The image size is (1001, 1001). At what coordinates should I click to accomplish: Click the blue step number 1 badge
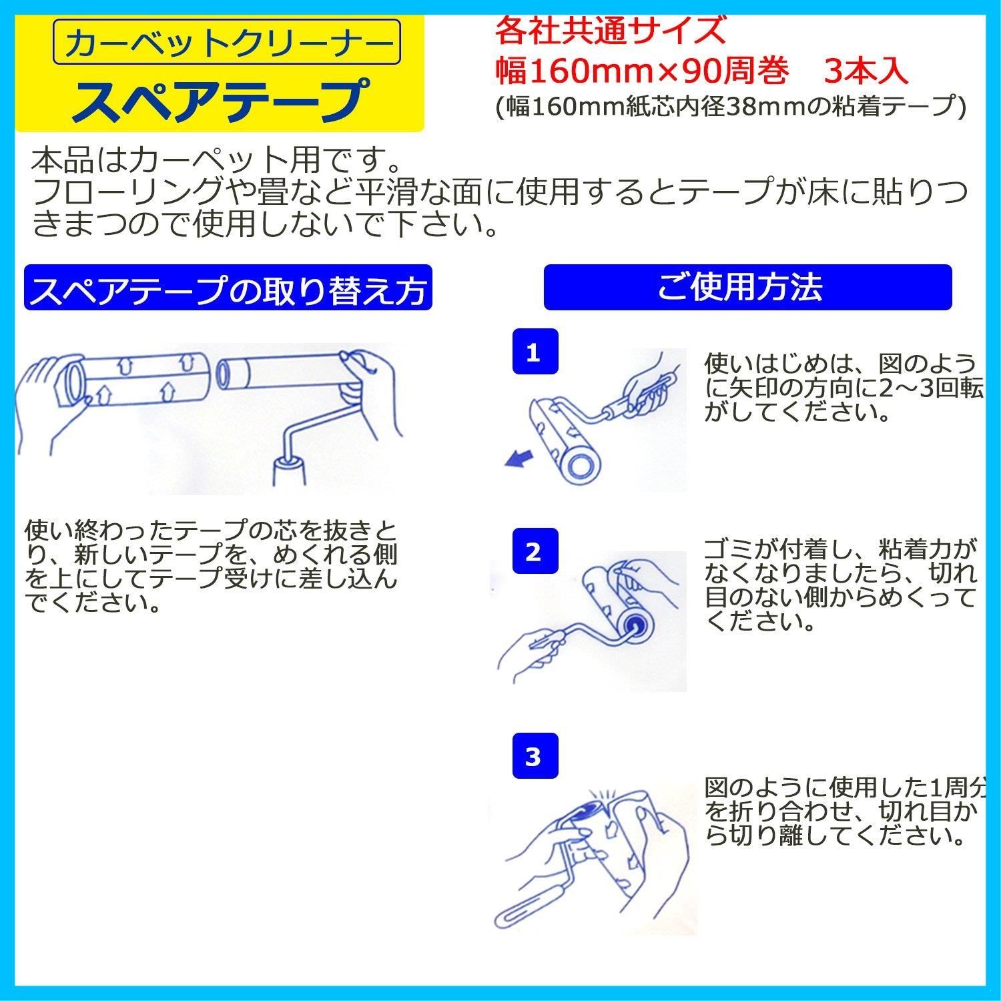coord(534,352)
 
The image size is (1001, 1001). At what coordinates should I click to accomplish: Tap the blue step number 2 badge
coord(534,551)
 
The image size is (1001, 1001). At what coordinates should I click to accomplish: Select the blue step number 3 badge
coord(534,756)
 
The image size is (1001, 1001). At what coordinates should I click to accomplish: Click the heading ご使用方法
coord(747,288)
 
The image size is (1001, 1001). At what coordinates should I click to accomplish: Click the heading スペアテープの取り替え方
coord(228,288)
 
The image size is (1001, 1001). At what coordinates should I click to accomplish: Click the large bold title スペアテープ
coord(220,99)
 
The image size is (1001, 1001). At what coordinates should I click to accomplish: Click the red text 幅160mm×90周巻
coord(642,71)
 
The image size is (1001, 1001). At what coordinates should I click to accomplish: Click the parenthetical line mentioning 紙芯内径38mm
coord(730,107)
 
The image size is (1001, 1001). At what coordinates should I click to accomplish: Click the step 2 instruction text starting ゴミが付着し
coord(841,585)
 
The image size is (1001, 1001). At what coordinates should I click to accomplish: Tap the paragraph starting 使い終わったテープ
coord(211,567)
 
